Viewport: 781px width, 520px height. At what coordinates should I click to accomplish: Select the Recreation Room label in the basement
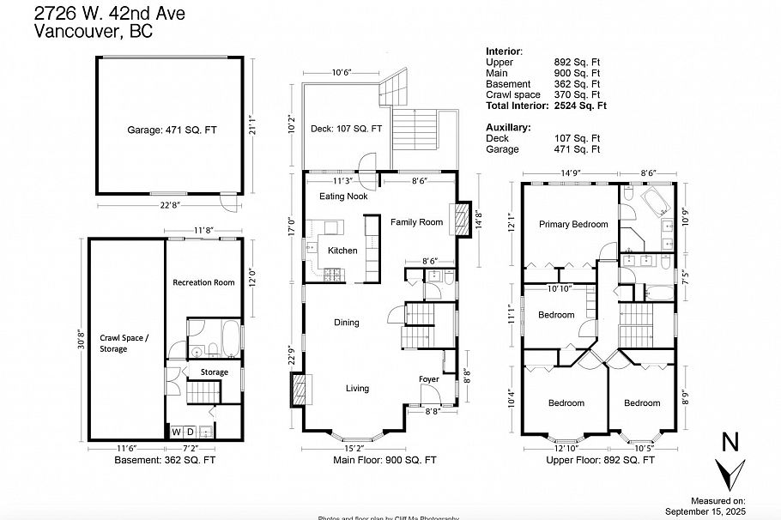203,282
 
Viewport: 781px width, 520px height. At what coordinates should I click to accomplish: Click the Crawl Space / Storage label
124,343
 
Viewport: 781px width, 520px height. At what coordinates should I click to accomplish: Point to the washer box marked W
177,432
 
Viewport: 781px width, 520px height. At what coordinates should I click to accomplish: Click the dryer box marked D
191,432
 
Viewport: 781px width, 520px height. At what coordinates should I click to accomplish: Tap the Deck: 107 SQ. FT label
346,129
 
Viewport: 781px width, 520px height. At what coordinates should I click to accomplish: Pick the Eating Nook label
343,197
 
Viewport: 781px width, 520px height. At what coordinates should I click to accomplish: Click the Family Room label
416,222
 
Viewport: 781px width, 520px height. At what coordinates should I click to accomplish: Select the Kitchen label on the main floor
342,251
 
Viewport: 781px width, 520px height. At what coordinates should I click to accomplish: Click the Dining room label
346,323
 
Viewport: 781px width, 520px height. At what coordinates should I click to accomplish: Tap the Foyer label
429,378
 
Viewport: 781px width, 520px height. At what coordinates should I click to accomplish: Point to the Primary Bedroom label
573,225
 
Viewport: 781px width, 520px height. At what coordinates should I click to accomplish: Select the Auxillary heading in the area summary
508,127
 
